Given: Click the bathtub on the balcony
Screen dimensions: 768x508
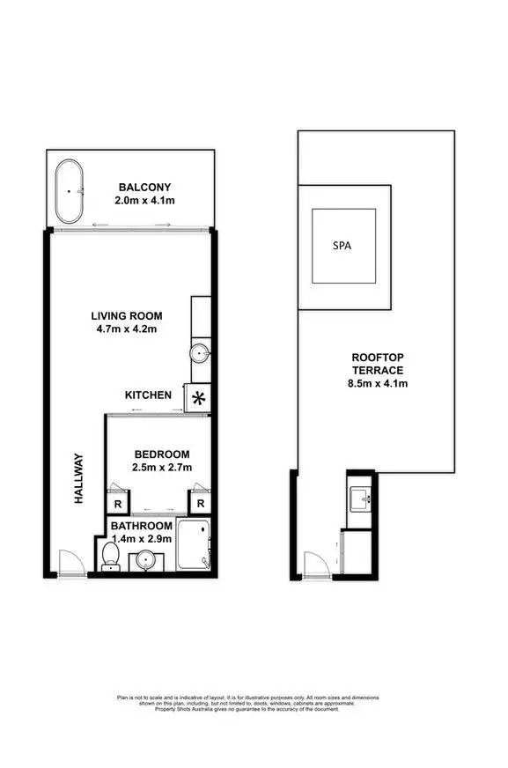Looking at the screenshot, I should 70,192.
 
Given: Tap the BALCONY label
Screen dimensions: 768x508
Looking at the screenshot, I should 145,187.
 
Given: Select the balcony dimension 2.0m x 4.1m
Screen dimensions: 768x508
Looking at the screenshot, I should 145,201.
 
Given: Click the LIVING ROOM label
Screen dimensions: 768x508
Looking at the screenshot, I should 128,316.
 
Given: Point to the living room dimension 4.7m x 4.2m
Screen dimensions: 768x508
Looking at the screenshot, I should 128,331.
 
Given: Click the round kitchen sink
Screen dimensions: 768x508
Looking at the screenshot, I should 200,353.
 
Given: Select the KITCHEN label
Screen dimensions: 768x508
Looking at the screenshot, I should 148,395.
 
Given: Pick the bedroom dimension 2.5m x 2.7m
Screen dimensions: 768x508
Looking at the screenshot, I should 160,467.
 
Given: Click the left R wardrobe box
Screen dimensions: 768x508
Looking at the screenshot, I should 118,503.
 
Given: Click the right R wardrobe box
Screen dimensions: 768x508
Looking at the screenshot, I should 200,503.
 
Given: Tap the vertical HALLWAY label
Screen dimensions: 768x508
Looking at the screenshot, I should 78,478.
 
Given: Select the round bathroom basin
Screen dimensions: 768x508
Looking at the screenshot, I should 147,558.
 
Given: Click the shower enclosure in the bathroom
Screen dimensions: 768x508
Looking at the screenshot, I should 194,545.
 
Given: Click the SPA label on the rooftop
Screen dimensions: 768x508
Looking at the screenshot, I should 342,247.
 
